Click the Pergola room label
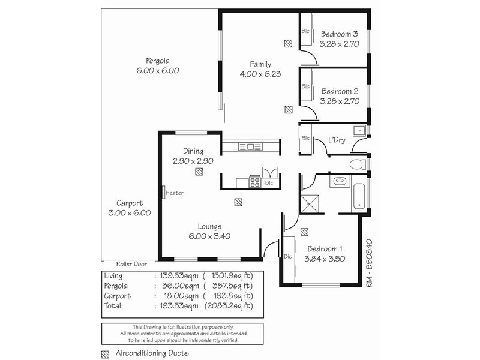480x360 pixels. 158,61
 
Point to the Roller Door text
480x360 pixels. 133,263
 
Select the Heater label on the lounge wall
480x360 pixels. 174,193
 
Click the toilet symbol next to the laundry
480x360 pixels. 358,163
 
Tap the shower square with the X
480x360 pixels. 311,204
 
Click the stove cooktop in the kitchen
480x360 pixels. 254,181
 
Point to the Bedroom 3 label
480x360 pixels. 339,34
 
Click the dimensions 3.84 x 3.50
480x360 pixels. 325,259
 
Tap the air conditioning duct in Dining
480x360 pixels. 199,172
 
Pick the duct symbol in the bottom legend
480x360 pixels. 106,354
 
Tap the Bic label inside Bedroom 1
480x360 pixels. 289,257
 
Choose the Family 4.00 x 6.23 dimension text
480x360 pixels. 260,74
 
